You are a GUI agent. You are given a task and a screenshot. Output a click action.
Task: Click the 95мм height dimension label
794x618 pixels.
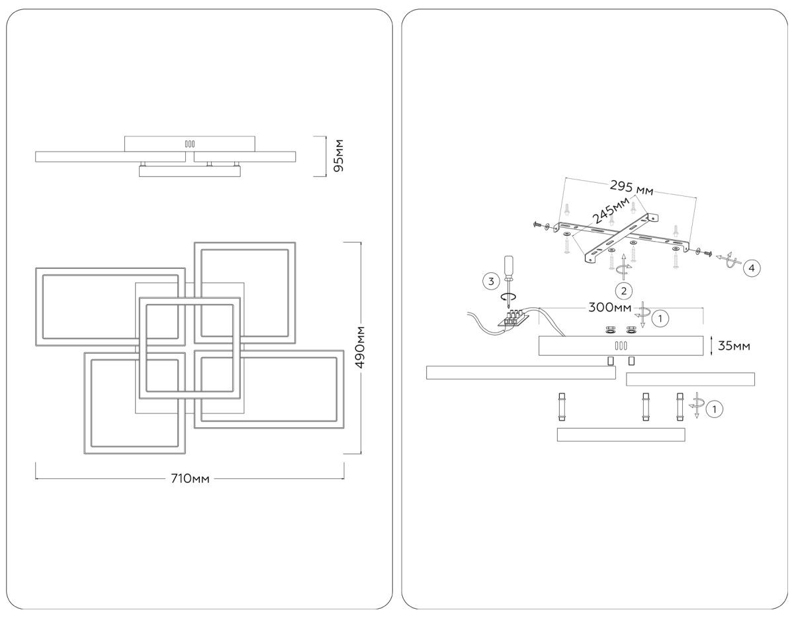pos(338,156)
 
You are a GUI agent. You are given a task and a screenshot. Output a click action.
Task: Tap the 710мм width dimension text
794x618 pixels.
pos(191,479)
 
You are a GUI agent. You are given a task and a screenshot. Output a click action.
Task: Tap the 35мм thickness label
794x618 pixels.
pos(735,346)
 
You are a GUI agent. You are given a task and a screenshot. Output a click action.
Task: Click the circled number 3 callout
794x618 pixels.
pos(490,282)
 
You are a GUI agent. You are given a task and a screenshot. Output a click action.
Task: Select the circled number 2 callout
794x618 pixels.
pos(622,289)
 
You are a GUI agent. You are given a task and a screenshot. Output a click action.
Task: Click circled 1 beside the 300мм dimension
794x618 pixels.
pos(660,318)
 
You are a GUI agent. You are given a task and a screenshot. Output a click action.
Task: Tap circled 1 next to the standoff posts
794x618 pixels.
pos(715,409)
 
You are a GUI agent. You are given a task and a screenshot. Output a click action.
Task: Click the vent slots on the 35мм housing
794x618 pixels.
pos(621,346)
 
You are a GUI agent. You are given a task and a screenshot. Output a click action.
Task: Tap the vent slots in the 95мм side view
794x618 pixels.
pos(189,143)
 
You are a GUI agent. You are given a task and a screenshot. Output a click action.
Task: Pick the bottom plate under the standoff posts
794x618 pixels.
pos(621,435)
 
